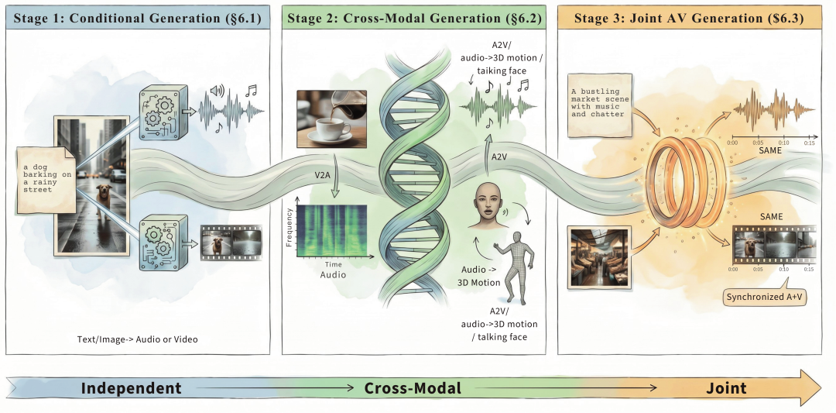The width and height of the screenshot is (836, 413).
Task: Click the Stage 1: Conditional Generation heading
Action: pos(138,19)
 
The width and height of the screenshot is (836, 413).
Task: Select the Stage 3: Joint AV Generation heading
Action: pos(690,19)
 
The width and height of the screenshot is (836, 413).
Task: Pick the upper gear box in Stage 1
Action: pos(163,112)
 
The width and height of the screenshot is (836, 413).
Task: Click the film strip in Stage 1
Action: pos(231,243)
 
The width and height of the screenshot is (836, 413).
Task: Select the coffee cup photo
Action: pos(331,119)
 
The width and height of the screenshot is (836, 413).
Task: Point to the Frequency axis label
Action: pos(290,228)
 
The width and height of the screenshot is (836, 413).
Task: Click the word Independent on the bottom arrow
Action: pos(131,388)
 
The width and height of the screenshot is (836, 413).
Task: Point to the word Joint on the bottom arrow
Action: pos(727,388)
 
